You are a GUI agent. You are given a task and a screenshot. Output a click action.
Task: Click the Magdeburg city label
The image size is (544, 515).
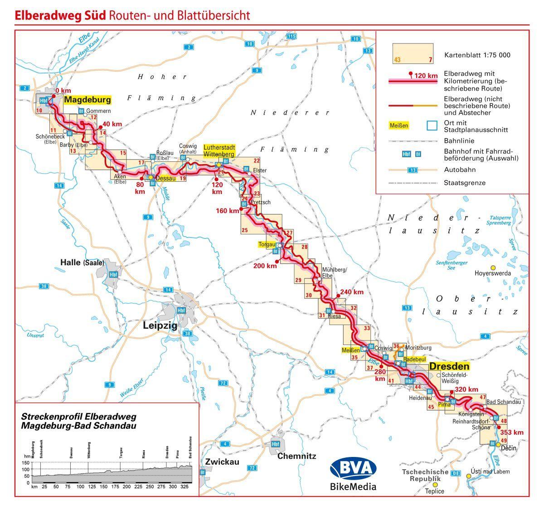coord(87,100)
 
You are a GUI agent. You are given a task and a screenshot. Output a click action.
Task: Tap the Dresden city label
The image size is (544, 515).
coord(449,366)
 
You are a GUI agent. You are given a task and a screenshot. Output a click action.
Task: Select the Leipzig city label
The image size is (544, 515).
coord(160,325)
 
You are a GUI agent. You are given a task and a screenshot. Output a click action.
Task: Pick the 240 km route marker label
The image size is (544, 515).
coord(352,292)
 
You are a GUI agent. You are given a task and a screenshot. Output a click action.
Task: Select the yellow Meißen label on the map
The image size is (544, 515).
coord(350,350)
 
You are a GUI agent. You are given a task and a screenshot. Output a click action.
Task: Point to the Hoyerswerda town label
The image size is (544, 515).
coord(493,273)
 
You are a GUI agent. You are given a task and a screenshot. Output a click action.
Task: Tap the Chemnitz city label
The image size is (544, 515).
coord(296,456)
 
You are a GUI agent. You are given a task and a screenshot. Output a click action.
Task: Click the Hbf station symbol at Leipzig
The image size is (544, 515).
coord(182,311)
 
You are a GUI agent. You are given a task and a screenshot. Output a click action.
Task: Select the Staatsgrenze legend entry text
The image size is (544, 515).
coord(465,183)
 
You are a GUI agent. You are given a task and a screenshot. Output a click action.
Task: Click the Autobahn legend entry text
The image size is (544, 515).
coord(460,170)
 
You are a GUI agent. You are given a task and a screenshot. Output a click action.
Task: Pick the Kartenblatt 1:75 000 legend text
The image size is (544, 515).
coord(477,55)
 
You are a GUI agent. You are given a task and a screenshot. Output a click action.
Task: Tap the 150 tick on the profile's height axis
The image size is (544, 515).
coord(28,462)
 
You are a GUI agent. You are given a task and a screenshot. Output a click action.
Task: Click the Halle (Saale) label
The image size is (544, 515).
coord(83,262)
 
